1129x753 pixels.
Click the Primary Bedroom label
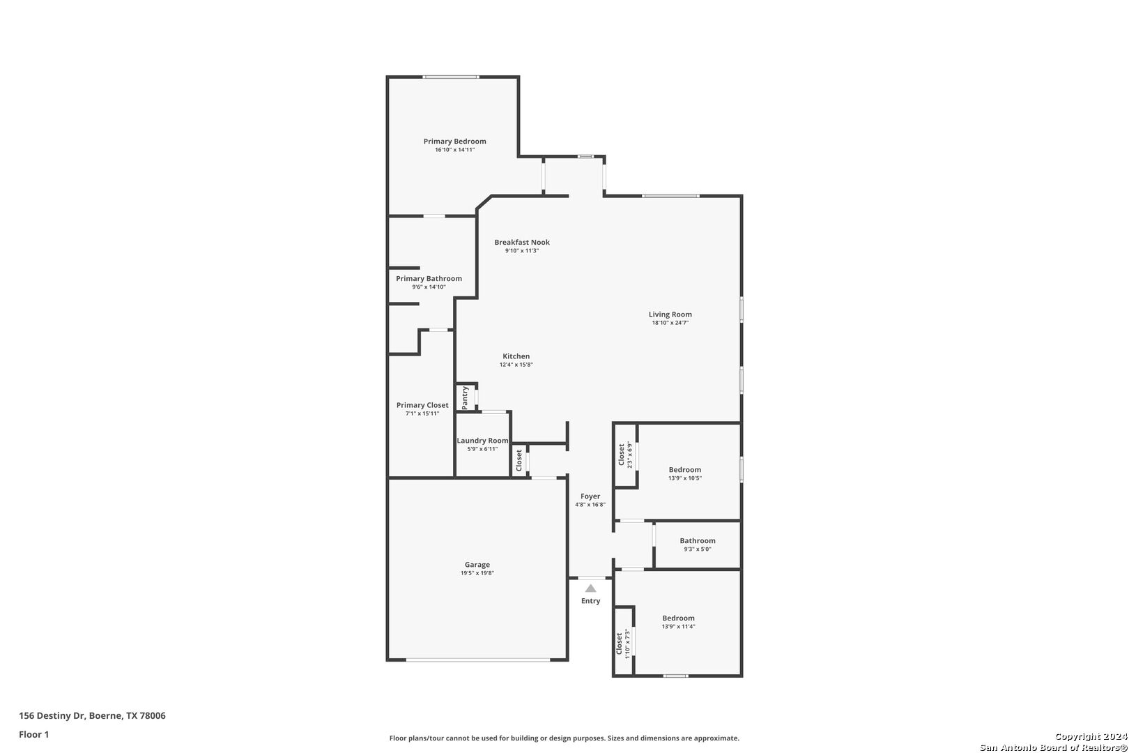coord(454,142)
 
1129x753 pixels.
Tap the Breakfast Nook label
coord(522,242)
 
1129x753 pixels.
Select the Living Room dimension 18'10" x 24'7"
coord(670,323)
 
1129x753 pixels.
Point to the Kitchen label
coord(516,356)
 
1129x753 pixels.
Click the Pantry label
coord(466,397)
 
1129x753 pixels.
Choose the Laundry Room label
coord(482,441)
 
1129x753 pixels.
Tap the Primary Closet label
coord(422,405)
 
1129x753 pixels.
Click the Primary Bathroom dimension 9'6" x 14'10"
coord(429,287)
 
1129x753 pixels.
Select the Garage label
coord(477,564)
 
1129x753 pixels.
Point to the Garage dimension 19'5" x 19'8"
coord(477,573)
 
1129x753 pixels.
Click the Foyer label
coord(590,496)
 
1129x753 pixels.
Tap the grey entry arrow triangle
coord(591,588)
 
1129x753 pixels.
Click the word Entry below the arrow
coord(591,601)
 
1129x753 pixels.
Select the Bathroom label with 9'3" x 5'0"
coord(698,540)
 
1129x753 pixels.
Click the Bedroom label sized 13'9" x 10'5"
coord(685,469)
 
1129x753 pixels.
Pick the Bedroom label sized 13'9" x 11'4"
coord(678,618)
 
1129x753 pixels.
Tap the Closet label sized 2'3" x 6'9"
coord(622,455)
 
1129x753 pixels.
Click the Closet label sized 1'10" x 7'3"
coord(619,644)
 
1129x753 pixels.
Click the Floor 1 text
coord(33,734)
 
